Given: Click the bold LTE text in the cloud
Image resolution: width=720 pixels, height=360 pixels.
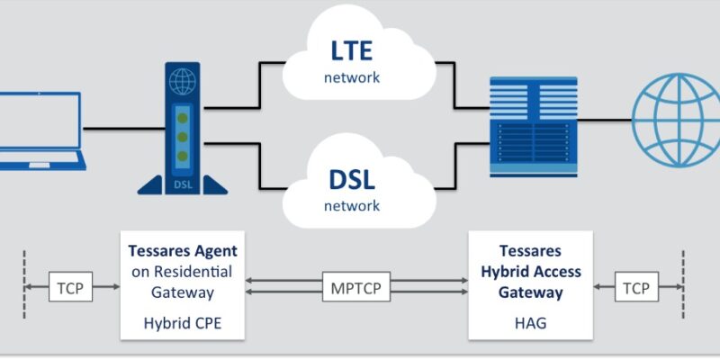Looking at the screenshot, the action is click(352, 51).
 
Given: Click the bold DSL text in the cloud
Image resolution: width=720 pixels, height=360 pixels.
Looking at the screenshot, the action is click(352, 179).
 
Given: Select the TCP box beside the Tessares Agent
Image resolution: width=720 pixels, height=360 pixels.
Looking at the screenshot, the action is click(71, 286).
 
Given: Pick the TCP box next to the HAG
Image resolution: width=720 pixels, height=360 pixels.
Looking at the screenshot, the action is click(636, 286).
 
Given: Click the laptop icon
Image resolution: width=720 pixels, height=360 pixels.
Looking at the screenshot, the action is click(40, 131).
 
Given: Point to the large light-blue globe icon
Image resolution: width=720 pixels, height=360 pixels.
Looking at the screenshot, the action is click(676, 121).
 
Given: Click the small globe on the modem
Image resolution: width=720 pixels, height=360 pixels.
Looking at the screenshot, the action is click(183, 81).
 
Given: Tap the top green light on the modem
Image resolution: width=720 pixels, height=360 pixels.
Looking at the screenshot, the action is click(183, 118).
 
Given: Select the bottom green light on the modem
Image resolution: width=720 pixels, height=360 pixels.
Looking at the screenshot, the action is click(183, 156).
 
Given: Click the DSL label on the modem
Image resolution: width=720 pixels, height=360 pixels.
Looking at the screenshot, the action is click(184, 185).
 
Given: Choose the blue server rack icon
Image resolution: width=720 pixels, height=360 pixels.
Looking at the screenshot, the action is click(534, 127).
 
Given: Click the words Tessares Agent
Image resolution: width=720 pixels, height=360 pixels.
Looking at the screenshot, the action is click(183, 251).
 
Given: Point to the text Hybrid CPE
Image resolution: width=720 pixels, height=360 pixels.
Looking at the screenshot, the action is click(183, 323).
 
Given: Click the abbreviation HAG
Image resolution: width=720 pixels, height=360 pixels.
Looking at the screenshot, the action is click(531, 323).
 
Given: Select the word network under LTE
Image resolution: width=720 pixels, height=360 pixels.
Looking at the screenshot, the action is click(352, 77).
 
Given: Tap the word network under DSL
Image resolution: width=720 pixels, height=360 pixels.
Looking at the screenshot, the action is click(352, 206).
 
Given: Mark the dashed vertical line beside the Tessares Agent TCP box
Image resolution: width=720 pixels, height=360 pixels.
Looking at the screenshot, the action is click(24, 284).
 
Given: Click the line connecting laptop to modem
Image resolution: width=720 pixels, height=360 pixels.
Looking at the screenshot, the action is click(124, 129).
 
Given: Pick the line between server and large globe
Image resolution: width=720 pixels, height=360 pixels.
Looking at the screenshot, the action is click(605, 121).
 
